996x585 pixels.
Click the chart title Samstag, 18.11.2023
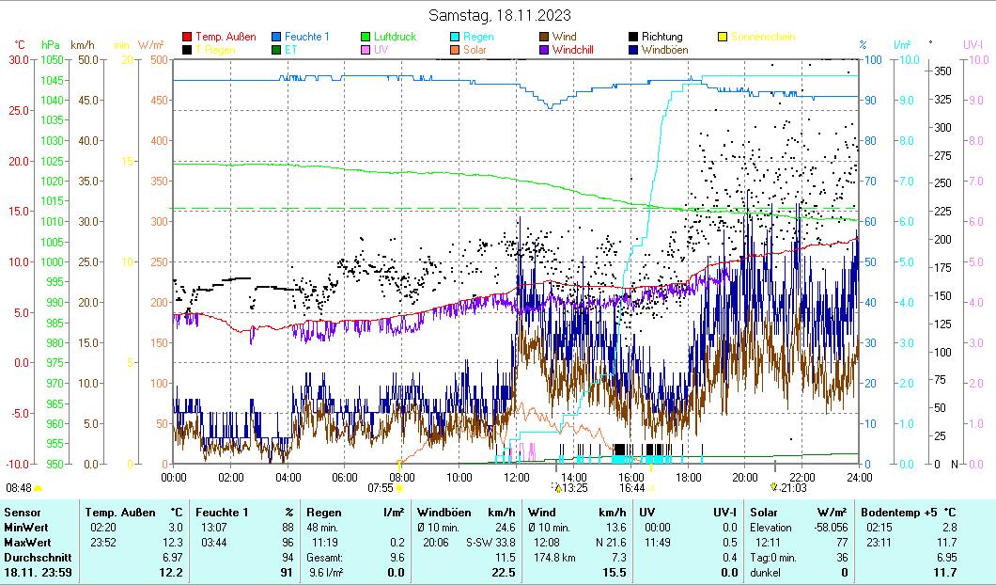coord(499,15)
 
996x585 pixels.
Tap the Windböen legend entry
coord(662,50)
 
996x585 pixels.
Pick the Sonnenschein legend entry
coord(762,37)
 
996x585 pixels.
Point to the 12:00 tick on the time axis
coord(516,477)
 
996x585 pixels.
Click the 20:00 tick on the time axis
coord(744,477)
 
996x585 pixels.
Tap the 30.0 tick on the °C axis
coord(19,59)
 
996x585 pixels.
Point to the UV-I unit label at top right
coord(973,44)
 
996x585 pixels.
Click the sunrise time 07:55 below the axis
coord(380,487)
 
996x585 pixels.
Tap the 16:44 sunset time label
coord(631,487)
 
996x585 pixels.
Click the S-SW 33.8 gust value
coord(491,543)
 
